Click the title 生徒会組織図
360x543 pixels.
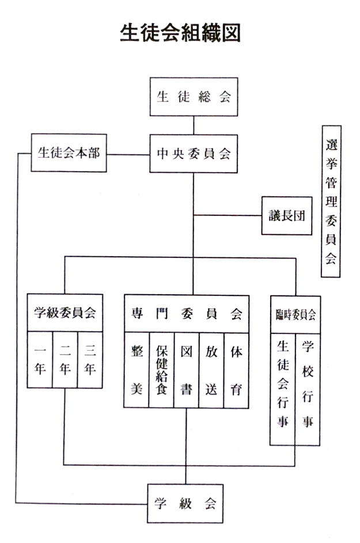tap(180, 33)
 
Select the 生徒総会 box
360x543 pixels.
tap(194, 97)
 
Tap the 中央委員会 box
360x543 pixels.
tap(194, 154)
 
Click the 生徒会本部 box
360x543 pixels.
tap(69, 153)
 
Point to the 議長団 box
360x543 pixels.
tap(287, 216)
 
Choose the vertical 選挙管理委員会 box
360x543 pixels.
tap(331, 201)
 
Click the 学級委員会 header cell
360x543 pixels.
tap(65, 313)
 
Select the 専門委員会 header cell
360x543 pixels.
tap(187, 314)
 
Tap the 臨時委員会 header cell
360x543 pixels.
tap(295, 315)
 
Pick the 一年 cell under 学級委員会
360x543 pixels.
tap(40, 360)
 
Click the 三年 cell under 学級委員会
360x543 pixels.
tap(90, 360)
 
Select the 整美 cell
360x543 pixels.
tap(137, 370)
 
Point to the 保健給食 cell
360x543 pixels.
tap(161, 370)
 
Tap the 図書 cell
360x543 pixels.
tap(187, 370)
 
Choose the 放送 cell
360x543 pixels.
tap(211, 370)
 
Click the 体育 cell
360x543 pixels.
tap(237, 370)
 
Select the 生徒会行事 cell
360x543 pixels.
tap(283, 389)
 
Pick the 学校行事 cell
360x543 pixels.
tap(308, 389)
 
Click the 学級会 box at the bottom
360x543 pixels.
tap(185, 503)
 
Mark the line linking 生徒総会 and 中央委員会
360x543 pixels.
tap(194, 126)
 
